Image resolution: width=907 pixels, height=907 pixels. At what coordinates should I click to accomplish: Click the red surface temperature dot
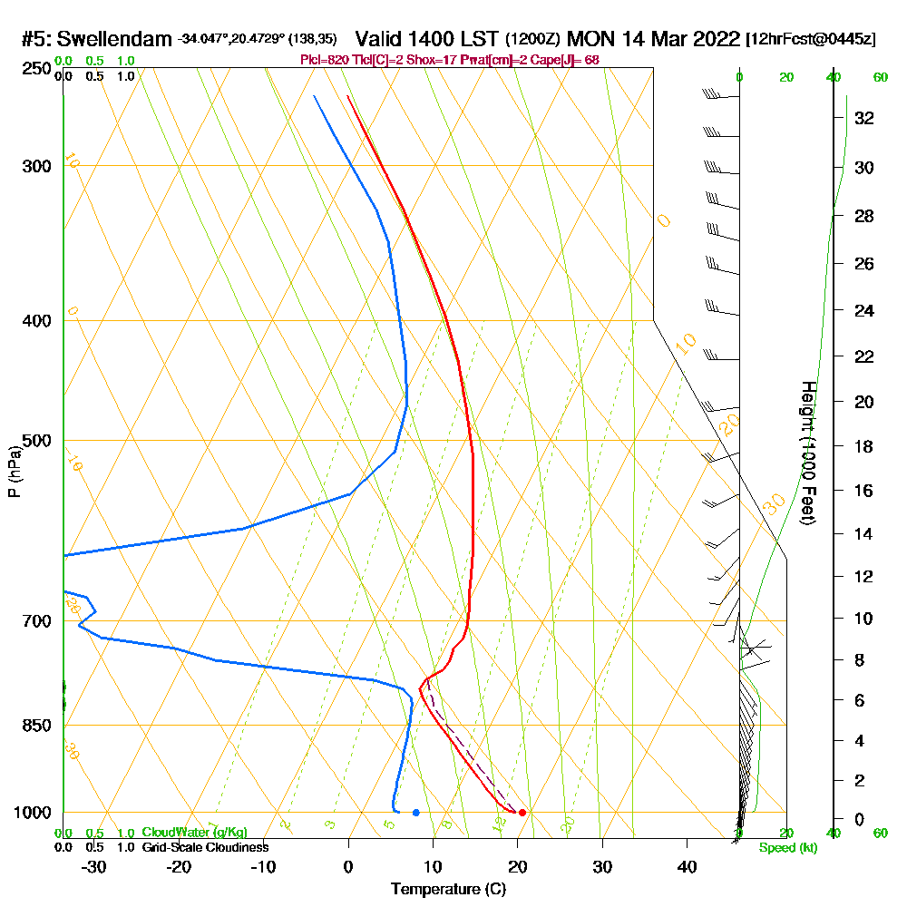coord(522,812)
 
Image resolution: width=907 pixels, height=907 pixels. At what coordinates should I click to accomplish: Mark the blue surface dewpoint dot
coord(415,812)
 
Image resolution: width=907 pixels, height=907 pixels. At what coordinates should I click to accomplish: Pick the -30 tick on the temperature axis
coord(93,866)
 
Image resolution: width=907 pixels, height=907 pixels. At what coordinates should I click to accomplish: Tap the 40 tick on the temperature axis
coord(687,866)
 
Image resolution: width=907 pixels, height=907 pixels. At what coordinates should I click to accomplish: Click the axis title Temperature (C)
coord(448,890)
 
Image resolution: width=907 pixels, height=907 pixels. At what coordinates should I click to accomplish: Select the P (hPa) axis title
coord(14,471)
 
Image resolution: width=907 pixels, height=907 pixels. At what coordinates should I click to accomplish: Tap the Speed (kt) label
coord(788,848)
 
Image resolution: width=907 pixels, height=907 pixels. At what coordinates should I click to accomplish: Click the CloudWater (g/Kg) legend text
coord(194,833)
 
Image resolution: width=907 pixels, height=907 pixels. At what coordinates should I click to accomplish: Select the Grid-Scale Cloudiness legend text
coord(204,847)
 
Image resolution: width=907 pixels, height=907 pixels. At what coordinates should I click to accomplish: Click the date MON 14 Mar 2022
coord(653,40)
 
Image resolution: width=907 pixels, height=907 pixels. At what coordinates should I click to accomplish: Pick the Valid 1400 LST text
coord(427,40)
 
